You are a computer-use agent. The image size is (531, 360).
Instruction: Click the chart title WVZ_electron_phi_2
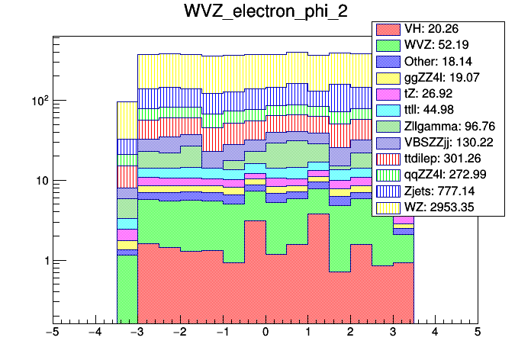click(265, 12)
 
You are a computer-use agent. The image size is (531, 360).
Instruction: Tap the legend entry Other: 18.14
click(437, 61)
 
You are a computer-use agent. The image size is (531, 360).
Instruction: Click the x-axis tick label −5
click(52, 333)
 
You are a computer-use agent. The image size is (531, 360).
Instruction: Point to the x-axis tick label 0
click(265, 333)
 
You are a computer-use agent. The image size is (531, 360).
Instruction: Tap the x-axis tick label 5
click(477, 333)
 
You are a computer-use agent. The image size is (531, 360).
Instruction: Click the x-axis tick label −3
click(137, 333)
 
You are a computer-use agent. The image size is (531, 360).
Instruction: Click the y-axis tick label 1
click(44, 261)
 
